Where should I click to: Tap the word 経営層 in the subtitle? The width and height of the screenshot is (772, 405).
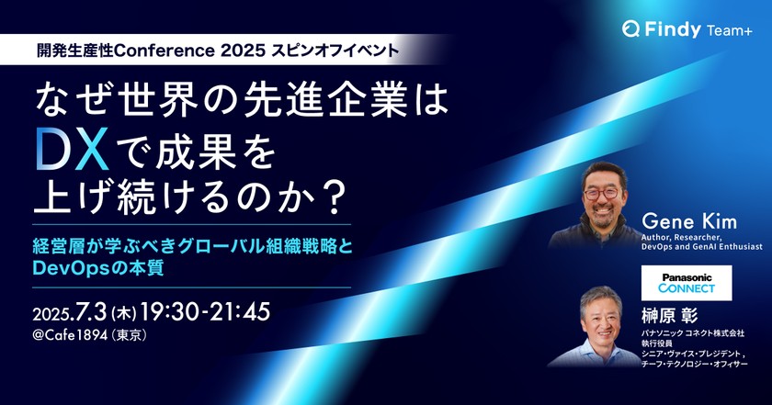click(x=54, y=246)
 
